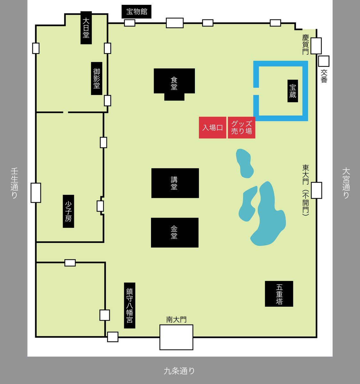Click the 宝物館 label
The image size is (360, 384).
click(x=136, y=12)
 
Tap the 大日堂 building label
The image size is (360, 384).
click(x=86, y=28)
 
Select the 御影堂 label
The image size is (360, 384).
click(x=97, y=78)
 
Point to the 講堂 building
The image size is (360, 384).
click(x=175, y=183)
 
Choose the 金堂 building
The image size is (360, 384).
click(x=175, y=233)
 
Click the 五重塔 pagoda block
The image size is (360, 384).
click(x=279, y=294)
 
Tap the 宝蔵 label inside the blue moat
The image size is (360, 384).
click(x=293, y=91)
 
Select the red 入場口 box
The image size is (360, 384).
click(x=212, y=128)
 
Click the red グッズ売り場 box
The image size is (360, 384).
click(x=242, y=128)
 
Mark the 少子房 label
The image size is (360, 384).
click(x=68, y=211)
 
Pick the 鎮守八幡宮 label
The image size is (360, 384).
click(x=130, y=306)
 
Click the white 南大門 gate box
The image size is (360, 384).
click(x=176, y=337)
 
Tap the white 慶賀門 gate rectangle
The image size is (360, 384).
click(x=316, y=46)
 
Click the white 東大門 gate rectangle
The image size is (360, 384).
click(x=316, y=190)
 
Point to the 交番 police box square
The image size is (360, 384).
click(x=324, y=61)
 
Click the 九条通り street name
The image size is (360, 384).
click(x=179, y=371)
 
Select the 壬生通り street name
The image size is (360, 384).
click(x=14, y=183)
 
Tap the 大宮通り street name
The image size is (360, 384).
click(x=346, y=183)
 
